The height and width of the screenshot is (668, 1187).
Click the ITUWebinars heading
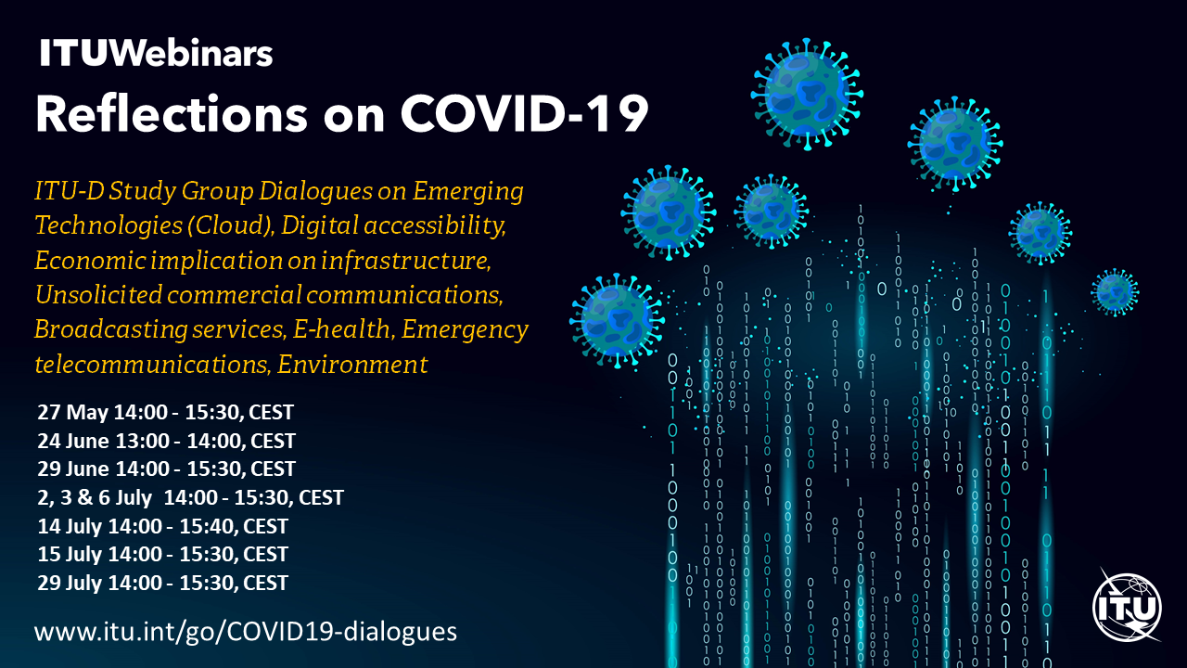[156, 54]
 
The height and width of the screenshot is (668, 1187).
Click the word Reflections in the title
[172, 113]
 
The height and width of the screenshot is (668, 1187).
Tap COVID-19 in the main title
[525, 113]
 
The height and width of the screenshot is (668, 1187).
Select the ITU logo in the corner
[1127, 606]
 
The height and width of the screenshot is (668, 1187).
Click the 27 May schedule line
[165, 412]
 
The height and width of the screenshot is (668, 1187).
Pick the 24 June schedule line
[166, 441]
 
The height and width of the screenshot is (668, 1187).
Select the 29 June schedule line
[166, 469]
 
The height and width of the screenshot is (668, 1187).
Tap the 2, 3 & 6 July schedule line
[191, 497]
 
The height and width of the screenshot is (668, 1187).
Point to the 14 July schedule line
[162, 526]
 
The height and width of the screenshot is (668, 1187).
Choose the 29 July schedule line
[162, 583]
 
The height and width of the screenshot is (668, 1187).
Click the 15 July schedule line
[162, 554]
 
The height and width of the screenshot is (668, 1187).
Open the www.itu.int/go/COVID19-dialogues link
[246, 632]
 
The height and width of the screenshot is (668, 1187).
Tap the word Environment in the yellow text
[352, 365]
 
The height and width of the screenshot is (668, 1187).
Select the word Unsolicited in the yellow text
[98, 294]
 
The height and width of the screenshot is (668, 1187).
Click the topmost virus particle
[807, 94]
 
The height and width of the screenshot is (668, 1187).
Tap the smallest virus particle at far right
[1115, 292]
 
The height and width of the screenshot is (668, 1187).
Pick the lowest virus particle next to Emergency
[617, 321]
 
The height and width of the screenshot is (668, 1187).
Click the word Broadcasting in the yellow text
[111, 329]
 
